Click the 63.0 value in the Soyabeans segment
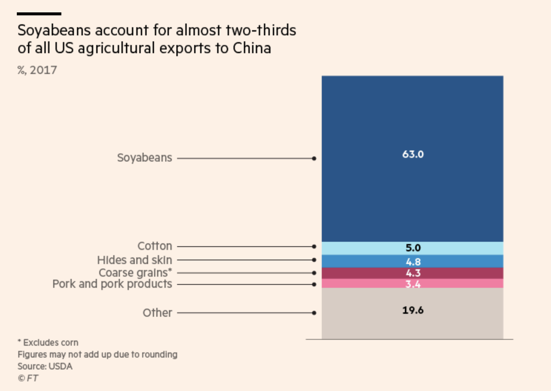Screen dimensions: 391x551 (413, 154)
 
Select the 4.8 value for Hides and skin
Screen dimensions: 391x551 (413, 262)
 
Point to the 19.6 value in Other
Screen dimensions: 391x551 (413, 311)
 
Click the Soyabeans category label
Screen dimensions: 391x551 (144, 158)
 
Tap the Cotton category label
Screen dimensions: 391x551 (155, 246)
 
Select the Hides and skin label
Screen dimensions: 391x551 (135, 260)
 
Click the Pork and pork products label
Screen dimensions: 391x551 (112, 284)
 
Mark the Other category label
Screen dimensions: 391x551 (157, 313)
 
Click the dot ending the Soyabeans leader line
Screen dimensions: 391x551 (314, 158)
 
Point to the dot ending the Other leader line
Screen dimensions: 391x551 (314, 313)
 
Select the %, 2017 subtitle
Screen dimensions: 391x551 (37, 70)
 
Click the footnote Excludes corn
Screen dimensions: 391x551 (50, 342)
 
